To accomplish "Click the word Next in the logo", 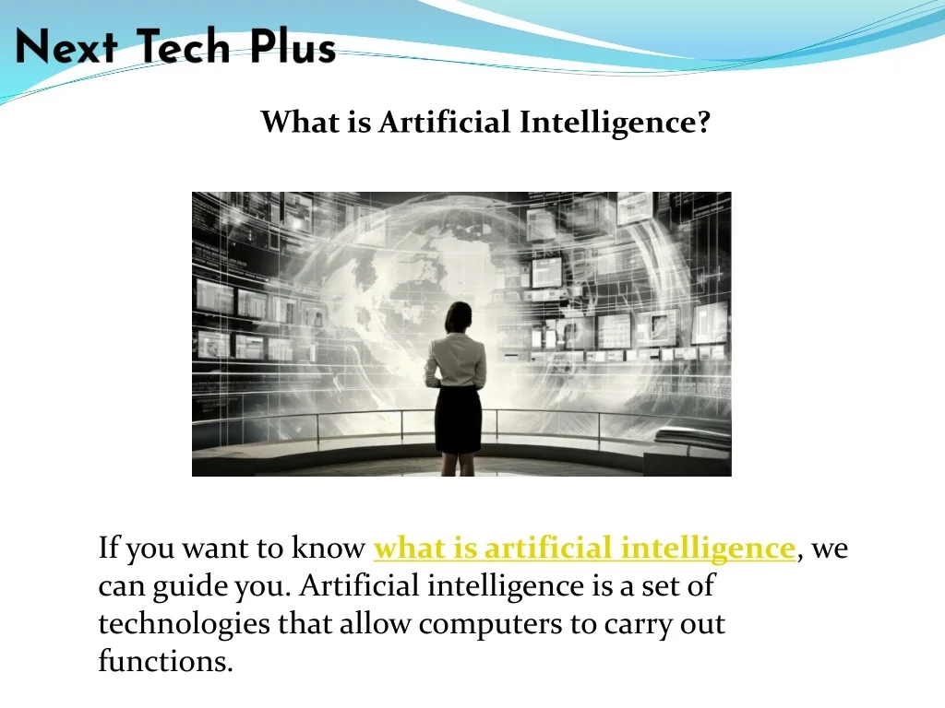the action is (66, 47).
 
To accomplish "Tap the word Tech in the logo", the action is (184, 46).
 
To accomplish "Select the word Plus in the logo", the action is (293, 46).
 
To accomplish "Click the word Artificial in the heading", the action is (444, 122).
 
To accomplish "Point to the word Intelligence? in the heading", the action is (615, 123).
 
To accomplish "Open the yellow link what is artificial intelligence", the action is (584, 549).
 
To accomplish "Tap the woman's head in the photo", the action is (459, 317).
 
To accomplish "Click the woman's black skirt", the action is (458, 419).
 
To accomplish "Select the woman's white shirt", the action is (456, 360).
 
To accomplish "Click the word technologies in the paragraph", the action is (184, 624).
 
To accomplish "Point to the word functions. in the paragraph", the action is (165, 661).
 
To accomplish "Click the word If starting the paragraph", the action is (108, 548).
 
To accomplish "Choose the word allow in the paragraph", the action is (375, 623).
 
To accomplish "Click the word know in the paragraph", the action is (328, 548).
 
